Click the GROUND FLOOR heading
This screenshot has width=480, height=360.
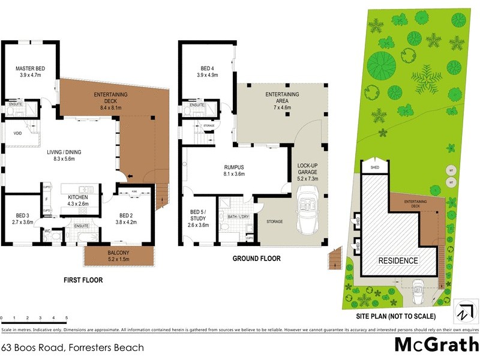(256, 259)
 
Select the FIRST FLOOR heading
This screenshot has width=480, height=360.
(83, 280)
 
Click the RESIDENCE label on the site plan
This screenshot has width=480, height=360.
(397, 261)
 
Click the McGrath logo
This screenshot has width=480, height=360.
(436, 346)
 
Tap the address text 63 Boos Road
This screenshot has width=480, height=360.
(72, 347)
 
